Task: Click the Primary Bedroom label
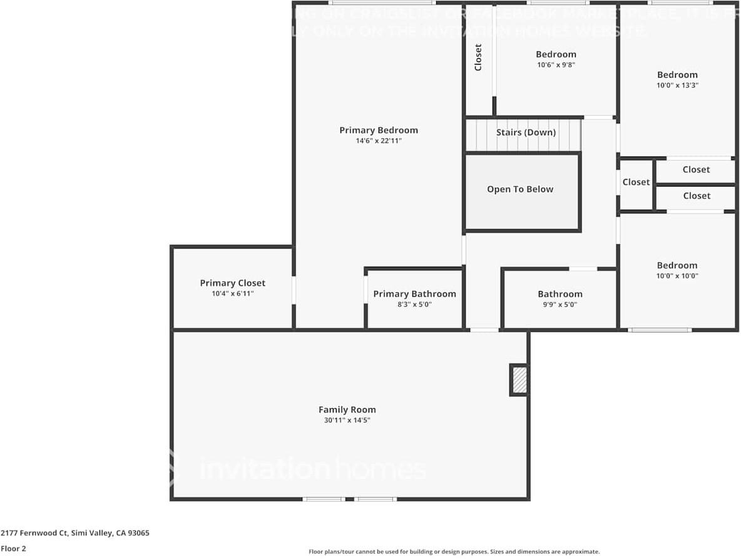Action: [x=378, y=130]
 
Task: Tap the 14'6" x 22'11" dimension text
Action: [x=378, y=141]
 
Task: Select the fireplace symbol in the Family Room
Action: [x=519, y=380]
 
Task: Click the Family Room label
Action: [x=347, y=410]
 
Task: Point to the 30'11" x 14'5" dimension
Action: [x=347, y=421]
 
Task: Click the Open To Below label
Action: [x=520, y=189]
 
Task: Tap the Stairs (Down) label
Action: [x=526, y=133]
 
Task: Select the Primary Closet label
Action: [x=232, y=283]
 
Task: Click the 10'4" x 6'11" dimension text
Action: [x=232, y=294]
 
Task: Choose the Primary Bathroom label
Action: [x=414, y=294]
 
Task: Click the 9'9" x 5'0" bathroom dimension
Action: [x=560, y=305]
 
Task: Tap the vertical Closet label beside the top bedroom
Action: [x=479, y=57]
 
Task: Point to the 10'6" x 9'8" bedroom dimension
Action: [x=556, y=65]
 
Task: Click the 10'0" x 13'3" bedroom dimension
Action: [x=677, y=86]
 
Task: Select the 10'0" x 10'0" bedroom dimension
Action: [x=677, y=276]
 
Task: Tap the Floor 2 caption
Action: [x=13, y=548]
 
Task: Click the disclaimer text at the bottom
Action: [x=454, y=551]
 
